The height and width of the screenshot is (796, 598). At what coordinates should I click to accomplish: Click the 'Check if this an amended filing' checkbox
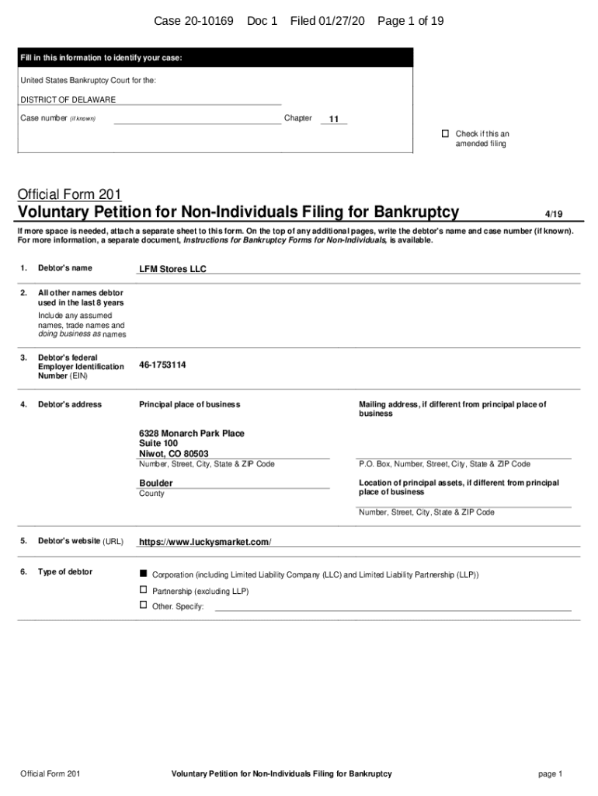point(446,134)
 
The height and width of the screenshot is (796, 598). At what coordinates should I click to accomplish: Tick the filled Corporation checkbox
point(143,573)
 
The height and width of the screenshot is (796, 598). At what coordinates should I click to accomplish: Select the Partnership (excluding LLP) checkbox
point(143,590)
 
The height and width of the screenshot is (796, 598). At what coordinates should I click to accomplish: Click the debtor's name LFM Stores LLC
point(172,269)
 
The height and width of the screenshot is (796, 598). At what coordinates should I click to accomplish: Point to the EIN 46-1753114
point(162,365)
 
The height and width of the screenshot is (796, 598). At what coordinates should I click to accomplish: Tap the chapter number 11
point(333,120)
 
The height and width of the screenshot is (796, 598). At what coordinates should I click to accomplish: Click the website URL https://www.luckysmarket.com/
point(205,542)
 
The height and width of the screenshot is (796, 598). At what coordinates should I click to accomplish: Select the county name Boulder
point(156,483)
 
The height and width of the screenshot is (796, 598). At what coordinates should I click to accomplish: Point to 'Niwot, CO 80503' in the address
point(173,453)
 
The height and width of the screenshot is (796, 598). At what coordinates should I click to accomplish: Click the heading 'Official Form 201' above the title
point(69,194)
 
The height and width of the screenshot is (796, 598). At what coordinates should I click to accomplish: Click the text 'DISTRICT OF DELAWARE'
point(68,99)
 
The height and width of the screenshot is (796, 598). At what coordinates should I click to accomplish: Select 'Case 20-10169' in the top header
point(193,21)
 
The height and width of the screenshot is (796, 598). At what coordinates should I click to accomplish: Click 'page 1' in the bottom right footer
point(549,773)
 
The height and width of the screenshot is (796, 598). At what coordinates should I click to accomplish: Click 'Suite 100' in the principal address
point(158,443)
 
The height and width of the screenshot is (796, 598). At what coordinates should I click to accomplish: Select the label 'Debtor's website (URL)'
point(81,541)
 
